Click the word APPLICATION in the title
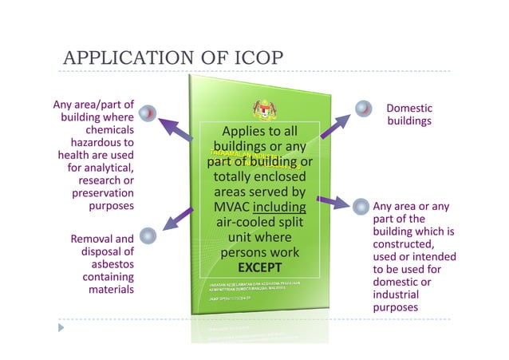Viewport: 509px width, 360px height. point(124,59)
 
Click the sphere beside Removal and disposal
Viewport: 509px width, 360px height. point(147,235)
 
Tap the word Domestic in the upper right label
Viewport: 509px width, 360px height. point(409,108)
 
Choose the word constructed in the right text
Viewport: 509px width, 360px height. point(408,243)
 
